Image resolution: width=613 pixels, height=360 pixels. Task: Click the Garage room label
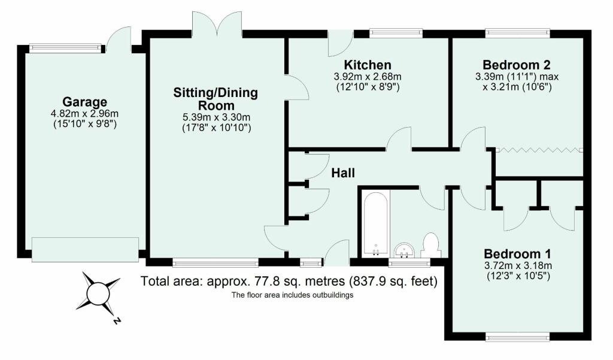click(x=85, y=102)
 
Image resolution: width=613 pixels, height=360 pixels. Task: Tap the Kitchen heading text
click(x=368, y=65)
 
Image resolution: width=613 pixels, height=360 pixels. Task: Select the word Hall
click(x=343, y=173)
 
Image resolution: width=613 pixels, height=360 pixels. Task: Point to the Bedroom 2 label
click(x=517, y=65)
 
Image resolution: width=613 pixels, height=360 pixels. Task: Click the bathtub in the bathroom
click(x=376, y=223)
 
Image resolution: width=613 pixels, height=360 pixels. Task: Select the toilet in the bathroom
click(x=431, y=246)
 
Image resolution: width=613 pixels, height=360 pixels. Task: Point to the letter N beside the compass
click(x=116, y=321)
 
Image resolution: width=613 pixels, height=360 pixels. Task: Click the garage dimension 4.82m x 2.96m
click(x=85, y=114)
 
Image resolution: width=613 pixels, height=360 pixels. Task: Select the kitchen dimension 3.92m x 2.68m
click(x=368, y=77)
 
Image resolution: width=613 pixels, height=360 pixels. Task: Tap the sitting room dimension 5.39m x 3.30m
click(x=217, y=117)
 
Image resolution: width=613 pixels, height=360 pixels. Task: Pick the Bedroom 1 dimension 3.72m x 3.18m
click(x=518, y=266)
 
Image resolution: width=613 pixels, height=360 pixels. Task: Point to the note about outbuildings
click(x=292, y=295)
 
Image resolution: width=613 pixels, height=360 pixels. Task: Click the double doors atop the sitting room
click(x=217, y=25)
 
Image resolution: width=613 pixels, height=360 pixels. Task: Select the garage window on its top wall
click(x=65, y=48)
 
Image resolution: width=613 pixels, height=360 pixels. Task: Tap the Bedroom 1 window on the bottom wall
click(x=518, y=336)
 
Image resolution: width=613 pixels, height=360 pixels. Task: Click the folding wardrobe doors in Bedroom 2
click(x=539, y=150)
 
